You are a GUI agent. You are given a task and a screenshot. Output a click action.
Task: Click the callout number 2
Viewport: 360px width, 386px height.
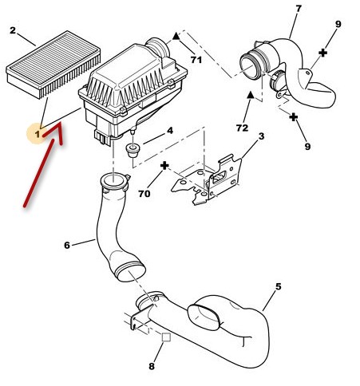tap(13, 30)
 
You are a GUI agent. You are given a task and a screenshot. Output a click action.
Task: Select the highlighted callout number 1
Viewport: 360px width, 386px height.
tap(38, 134)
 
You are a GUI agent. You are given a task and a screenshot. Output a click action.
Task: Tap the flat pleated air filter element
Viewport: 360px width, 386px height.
tap(53, 64)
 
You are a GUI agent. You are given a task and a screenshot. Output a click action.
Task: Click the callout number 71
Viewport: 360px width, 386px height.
tap(196, 60)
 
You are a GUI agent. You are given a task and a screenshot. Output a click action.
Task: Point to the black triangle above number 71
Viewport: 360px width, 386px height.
tap(176, 36)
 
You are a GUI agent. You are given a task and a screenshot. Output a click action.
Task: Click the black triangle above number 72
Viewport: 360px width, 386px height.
tap(250, 95)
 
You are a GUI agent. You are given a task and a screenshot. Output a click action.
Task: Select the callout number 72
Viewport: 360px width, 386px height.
tap(242, 128)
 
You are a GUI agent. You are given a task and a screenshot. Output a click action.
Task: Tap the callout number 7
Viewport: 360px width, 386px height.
tap(299, 9)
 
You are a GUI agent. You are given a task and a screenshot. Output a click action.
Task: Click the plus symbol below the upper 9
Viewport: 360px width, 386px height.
tap(322, 53)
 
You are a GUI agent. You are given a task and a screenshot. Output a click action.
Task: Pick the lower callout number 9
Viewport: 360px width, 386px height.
tap(307, 146)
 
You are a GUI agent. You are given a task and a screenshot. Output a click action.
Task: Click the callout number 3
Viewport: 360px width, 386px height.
tap(262, 136)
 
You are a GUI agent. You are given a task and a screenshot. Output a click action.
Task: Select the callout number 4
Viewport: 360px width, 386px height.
tap(170, 131)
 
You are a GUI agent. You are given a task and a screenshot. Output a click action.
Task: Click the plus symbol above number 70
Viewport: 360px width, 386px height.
tap(164, 166)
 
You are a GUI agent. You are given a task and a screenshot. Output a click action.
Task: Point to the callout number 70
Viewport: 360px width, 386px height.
tap(144, 194)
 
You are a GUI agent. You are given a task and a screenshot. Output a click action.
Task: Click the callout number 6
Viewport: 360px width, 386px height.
tap(67, 245)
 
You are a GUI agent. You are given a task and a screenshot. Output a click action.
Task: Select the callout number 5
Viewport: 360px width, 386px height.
tap(278, 286)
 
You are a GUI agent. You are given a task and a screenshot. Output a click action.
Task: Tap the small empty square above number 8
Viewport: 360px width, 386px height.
tap(166, 337)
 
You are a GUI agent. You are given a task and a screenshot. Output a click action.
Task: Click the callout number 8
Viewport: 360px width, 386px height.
tap(152, 366)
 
